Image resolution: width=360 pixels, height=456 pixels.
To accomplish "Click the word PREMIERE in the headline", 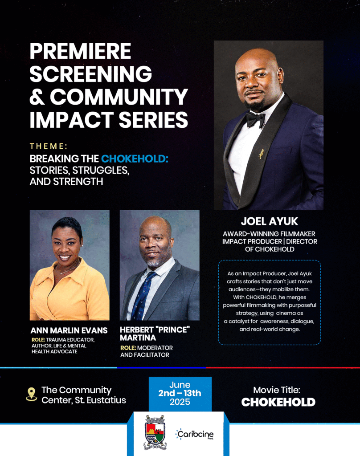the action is pyautogui.click(x=80, y=52).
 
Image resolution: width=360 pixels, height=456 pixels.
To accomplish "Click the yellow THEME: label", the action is pyautogui.click(x=49, y=146).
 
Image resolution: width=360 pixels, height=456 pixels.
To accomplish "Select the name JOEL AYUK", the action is pyautogui.click(x=270, y=221).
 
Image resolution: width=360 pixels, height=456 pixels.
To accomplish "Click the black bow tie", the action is pyautogui.click(x=256, y=119).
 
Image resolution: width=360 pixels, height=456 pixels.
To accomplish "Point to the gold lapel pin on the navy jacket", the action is pyautogui.click(x=262, y=153).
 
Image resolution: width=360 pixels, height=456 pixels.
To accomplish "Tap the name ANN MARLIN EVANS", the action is pyautogui.click(x=69, y=330).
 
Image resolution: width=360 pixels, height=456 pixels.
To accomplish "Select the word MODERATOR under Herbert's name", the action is pyautogui.click(x=155, y=348).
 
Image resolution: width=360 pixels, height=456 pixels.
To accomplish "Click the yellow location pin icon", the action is pyautogui.click(x=32, y=394).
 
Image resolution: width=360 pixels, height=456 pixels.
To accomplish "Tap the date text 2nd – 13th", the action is pyautogui.click(x=180, y=393).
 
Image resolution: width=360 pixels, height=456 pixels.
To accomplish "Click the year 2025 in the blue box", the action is pyautogui.click(x=180, y=402).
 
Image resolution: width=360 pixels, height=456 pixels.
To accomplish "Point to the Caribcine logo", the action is pyautogui.click(x=195, y=435).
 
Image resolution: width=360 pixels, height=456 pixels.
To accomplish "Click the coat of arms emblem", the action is pyautogui.click(x=155, y=432).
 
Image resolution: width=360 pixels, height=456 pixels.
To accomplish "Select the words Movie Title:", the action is pyautogui.click(x=277, y=390).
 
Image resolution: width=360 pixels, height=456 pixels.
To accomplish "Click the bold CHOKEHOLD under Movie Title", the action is pyautogui.click(x=278, y=402).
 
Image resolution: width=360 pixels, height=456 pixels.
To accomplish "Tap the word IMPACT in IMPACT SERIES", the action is pyautogui.click(x=71, y=119).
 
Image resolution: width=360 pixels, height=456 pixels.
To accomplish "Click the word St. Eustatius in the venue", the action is pyautogui.click(x=100, y=400).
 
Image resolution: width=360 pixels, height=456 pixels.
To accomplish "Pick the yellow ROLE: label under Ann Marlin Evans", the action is pyautogui.click(x=38, y=340).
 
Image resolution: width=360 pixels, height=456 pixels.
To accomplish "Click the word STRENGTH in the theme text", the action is pyautogui.click(x=78, y=182).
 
